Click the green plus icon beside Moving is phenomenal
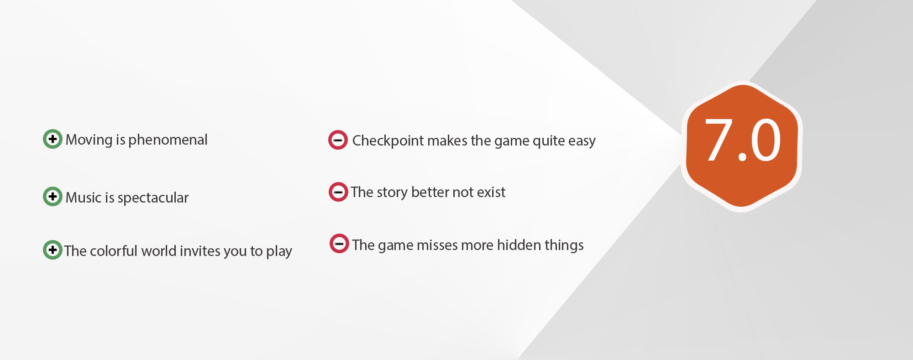(52, 139)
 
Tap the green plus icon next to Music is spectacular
(52, 196)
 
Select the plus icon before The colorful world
(52, 250)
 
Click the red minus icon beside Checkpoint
(338, 140)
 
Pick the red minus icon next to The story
(339, 192)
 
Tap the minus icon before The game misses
(340, 243)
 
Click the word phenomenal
(168, 140)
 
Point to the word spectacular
(153, 198)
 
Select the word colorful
(116, 251)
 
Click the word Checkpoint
(388, 141)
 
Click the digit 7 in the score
(719, 140)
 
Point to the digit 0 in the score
(766, 140)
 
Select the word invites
(199, 251)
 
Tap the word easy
(582, 141)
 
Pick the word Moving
(89, 140)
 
